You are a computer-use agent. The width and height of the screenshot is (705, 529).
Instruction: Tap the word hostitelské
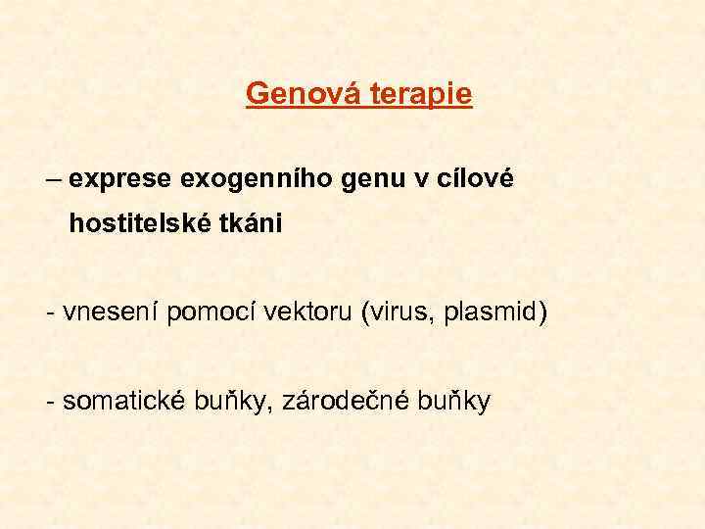pos(146,224)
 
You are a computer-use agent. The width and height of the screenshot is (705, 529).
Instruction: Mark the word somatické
pos(126,401)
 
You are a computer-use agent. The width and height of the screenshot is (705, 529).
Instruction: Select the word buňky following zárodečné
pos(454,402)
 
